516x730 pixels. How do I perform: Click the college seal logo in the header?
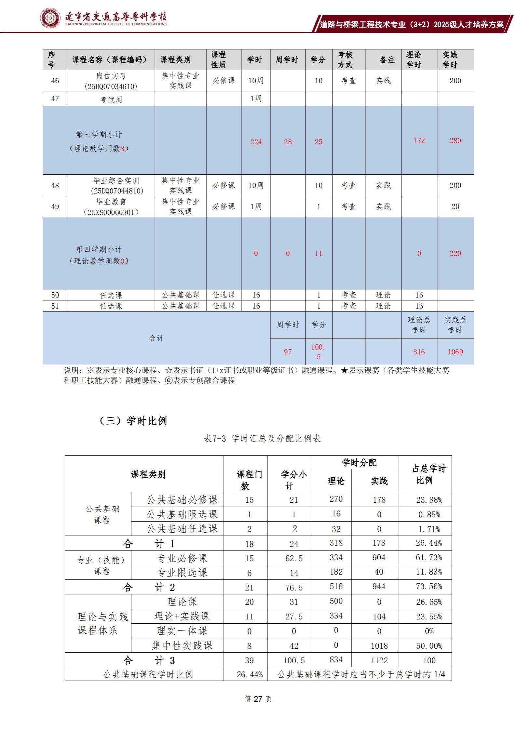(50, 18)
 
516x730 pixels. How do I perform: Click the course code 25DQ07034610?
(111, 86)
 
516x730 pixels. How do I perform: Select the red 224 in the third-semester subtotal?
(256, 142)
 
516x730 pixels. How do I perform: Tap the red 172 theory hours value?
(419, 140)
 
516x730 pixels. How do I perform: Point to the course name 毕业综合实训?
(116, 181)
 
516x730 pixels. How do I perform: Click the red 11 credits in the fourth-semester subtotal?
(318, 253)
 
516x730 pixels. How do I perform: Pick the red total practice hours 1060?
(455, 352)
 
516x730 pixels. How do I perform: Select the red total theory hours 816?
(419, 352)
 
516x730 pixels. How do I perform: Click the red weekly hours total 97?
(288, 352)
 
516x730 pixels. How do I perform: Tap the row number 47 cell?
(55, 99)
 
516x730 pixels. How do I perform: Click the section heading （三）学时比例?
(133, 421)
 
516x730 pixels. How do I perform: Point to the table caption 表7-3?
(215, 438)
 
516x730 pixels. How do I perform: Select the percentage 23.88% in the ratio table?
(429, 500)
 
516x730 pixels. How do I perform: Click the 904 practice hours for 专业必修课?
(379, 558)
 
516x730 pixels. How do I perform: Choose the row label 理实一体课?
(182, 631)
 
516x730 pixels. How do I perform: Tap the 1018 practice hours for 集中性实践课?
(379, 646)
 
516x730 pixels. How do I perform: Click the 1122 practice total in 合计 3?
(379, 660)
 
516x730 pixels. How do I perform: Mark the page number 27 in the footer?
(258, 699)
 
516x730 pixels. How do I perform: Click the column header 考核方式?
(345, 60)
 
